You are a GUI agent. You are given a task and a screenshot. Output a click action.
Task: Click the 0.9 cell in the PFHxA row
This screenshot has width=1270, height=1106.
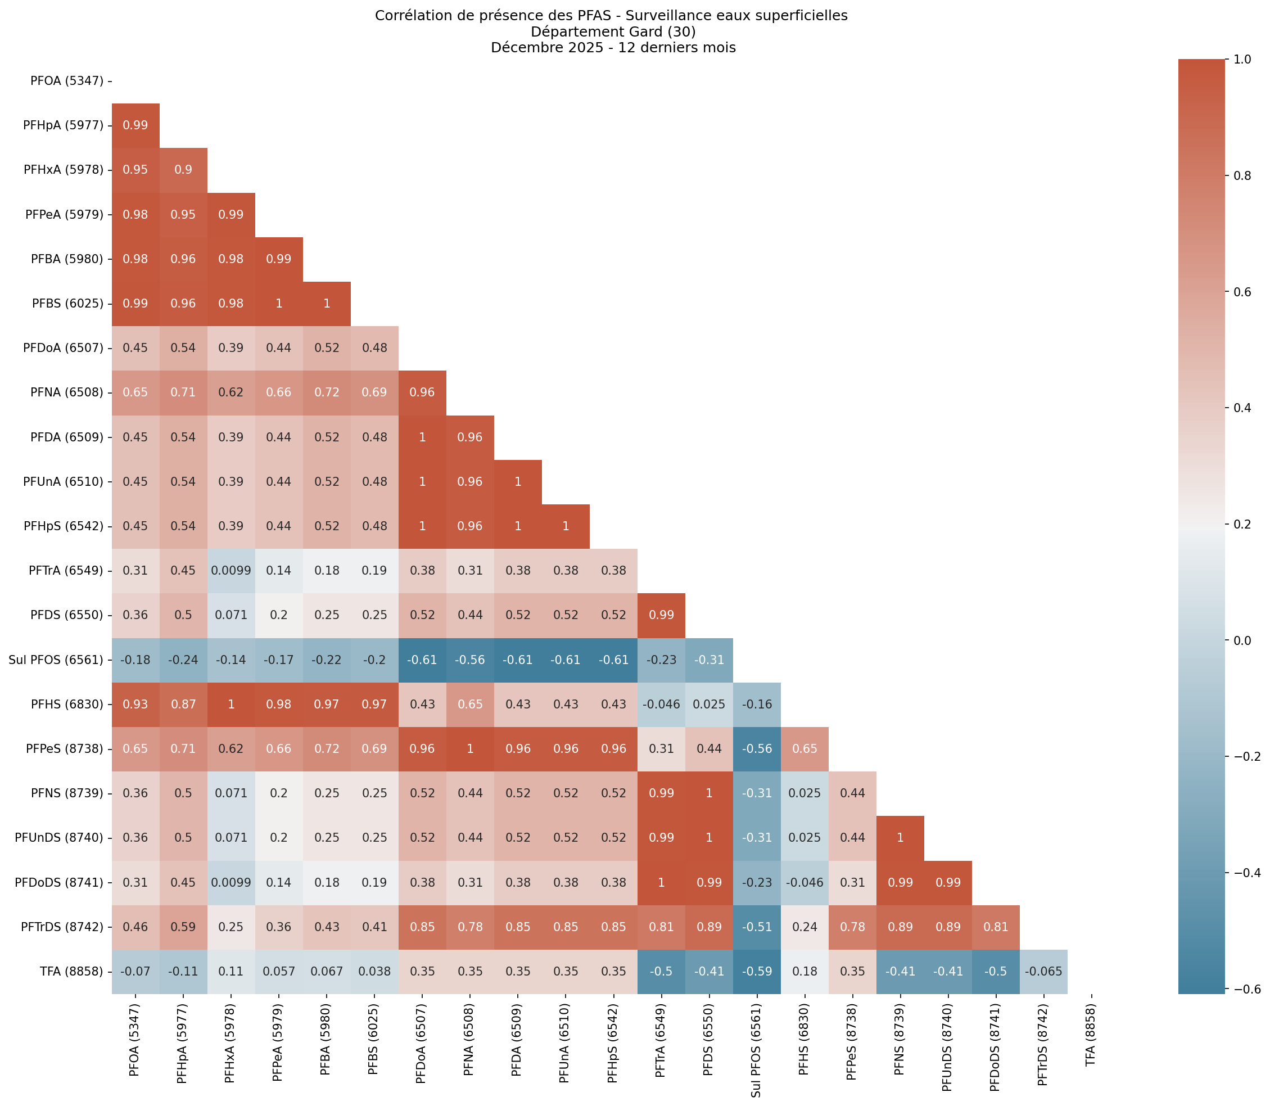click(183, 170)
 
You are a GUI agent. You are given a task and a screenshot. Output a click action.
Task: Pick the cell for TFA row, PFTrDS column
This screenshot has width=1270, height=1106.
click(1043, 972)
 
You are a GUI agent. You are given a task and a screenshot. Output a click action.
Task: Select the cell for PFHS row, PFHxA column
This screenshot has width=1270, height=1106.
click(231, 704)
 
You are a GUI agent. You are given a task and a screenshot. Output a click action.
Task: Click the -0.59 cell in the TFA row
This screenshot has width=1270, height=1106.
click(757, 972)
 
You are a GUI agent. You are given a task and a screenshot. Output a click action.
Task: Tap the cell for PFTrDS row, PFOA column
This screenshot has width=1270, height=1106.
click(135, 927)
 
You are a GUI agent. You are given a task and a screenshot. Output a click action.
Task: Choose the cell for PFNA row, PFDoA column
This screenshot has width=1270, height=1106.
click(422, 392)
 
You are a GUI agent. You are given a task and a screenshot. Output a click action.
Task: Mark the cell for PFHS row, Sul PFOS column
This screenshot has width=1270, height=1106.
click(757, 704)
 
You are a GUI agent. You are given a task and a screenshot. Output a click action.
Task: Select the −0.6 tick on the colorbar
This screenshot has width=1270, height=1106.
click(1241, 990)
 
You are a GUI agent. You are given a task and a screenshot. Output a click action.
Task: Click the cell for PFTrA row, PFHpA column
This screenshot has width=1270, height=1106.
click(183, 571)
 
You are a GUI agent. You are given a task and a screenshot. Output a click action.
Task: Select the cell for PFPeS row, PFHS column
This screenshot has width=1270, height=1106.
click(805, 748)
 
